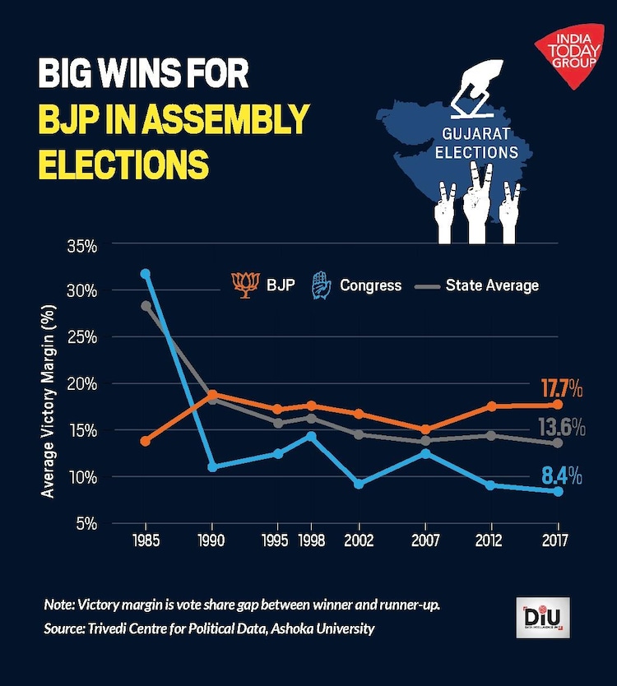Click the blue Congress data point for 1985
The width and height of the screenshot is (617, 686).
tap(146, 273)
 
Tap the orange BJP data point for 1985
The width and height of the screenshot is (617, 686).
tap(146, 441)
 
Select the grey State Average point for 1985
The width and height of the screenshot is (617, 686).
tap(146, 305)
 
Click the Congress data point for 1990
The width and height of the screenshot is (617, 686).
tap(212, 466)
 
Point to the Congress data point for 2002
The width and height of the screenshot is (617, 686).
tap(359, 484)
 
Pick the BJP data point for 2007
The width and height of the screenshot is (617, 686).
tap(425, 429)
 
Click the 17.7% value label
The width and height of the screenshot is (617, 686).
tap(562, 387)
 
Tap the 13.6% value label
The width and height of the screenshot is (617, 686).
tap(562, 428)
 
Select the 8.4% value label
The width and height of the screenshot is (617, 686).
tap(562, 475)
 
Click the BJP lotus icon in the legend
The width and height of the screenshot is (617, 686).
tap(244, 285)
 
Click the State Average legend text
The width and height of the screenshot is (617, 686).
tap(492, 285)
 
